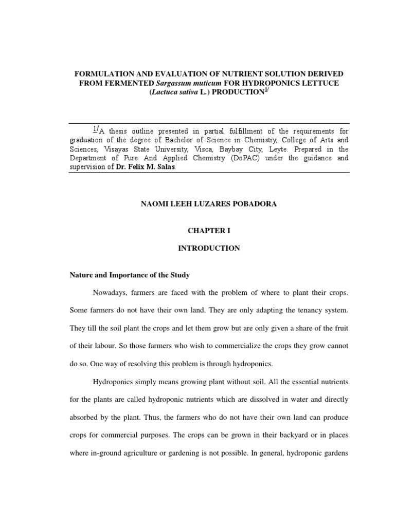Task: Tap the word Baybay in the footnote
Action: pyautogui.click(x=241, y=149)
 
